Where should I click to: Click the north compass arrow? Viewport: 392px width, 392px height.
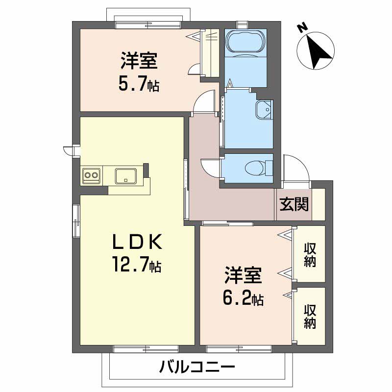(x=317, y=49)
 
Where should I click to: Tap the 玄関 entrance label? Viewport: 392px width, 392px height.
(x=294, y=204)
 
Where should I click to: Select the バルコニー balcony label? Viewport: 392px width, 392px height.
(x=197, y=367)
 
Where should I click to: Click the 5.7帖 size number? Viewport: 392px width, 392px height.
(x=138, y=85)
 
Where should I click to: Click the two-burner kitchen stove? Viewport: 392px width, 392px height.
(x=92, y=175)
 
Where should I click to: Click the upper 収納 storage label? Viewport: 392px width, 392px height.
(x=309, y=254)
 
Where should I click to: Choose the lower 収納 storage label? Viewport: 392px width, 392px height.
(x=309, y=316)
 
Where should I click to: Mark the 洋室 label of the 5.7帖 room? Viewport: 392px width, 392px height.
(x=139, y=62)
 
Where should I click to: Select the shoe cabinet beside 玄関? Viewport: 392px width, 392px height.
(x=318, y=204)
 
